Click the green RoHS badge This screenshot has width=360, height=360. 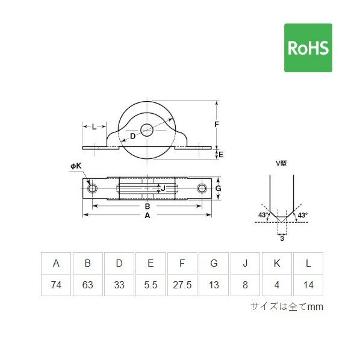click(308, 48)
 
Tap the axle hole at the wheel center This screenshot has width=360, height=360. click(147, 130)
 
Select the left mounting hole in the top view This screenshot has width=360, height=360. click(92, 188)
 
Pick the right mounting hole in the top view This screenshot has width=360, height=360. click(202, 188)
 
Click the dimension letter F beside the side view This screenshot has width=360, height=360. click(217, 125)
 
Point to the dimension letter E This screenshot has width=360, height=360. click(221, 155)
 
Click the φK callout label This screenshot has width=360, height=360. click(76, 166)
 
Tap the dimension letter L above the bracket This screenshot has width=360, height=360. click(94, 126)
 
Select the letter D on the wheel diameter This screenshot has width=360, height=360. click(132, 137)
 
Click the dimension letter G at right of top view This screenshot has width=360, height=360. click(218, 188)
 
